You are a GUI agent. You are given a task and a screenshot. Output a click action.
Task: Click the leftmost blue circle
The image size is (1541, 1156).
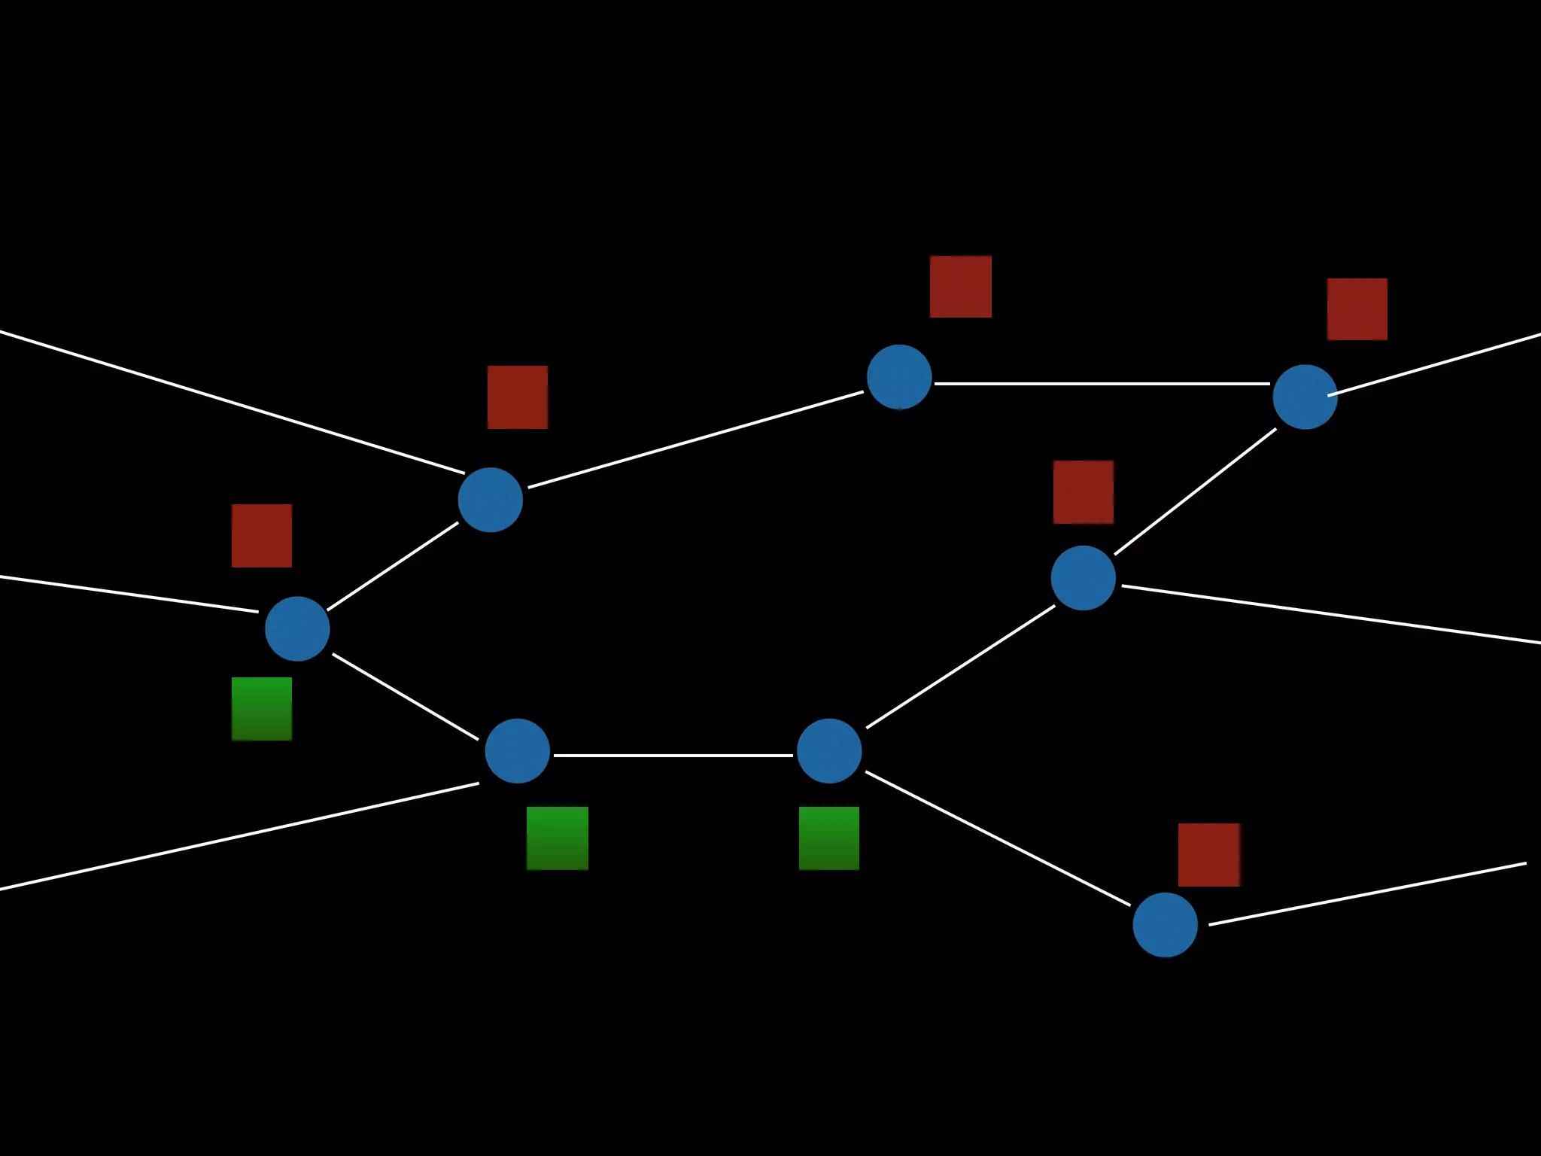pyautogui.click(x=297, y=628)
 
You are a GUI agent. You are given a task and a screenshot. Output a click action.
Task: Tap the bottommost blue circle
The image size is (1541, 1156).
pyautogui.click(x=1165, y=925)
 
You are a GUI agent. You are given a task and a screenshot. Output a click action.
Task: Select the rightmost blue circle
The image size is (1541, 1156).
pyautogui.click(x=1305, y=397)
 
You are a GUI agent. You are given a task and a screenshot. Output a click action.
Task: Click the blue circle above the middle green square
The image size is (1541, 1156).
pyautogui.click(x=518, y=750)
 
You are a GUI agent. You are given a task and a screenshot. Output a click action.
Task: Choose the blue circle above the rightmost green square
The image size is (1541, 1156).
pyautogui.click(x=829, y=750)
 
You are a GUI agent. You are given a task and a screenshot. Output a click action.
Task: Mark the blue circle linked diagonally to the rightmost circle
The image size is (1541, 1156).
pyautogui.click(x=1083, y=577)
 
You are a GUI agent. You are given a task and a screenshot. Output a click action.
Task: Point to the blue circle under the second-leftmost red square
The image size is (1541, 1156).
pyautogui.click(x=491, y=500)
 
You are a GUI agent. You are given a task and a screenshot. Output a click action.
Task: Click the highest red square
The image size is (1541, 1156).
pyautogui.click(x=961, y=287)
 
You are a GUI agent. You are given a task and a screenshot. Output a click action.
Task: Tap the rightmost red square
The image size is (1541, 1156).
pyautogui.click(x=1357, y=309)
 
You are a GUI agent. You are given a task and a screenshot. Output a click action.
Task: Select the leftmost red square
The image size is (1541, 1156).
pyautogui.click(x=262, y=536)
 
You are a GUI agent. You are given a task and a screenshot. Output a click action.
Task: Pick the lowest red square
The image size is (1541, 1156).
pyautogui.click(x=1208, y=855)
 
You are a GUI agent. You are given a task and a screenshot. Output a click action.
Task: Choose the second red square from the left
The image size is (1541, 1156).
pyautogui.click(x=518, y=397)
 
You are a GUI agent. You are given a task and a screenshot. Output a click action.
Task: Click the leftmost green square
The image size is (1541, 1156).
pyautogui.click(x=262, y=709)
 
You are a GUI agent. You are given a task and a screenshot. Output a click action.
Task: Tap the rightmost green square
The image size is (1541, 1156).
pyautogui.click(x=829, y=838)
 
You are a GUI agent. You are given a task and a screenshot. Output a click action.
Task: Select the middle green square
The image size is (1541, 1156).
pyautogui.click(x=558, y=838)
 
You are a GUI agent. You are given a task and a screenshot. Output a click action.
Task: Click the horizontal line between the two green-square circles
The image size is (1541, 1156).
pyautogui.click(x=673, y=755)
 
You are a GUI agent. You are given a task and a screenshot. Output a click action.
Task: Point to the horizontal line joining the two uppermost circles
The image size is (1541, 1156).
pyautogui.click(x=1102, y=384)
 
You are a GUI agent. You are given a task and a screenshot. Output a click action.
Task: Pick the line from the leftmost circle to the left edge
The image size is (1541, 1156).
pyautogui.click(x=128, y=594)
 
